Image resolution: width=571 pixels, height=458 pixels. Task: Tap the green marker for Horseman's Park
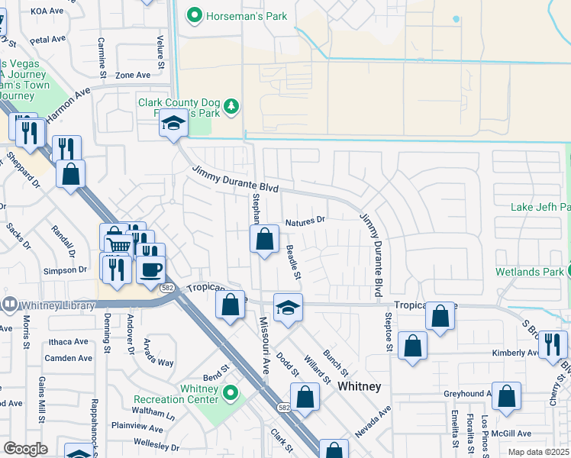click(x=194, y=15)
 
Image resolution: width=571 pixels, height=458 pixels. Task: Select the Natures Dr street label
click(x=305, y=221)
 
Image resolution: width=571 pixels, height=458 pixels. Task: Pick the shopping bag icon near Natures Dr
click(x=264, y=240)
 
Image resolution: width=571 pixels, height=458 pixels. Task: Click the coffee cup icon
click(x=151, y=269)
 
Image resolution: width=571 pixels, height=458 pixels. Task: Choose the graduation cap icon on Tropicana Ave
click(x=288, y=308)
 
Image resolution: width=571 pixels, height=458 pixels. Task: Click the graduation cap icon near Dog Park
click(x=173, y=124)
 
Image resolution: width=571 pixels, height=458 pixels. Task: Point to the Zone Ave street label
click(x=133, y=76)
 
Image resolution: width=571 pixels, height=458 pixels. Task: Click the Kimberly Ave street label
click(x=515, y=353)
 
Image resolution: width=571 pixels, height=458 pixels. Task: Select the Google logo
click(x=26, y=449)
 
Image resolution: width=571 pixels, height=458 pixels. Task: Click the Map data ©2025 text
click(x=538, y=452)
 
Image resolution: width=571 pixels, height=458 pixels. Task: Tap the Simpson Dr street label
click(x=66, y=270)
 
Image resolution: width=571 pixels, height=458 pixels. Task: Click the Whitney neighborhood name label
click(x=359, y=386)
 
